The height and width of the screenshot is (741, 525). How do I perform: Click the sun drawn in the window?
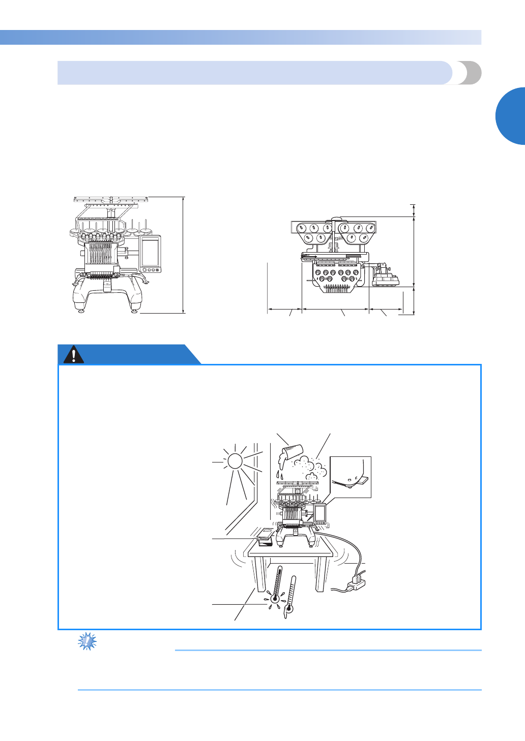[235, 461]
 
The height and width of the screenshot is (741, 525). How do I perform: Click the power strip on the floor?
[357, 582]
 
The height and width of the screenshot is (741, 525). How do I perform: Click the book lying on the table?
[265, 536]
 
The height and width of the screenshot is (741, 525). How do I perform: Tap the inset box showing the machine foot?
[351, 477]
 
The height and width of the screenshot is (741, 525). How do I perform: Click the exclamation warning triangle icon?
[74, 354]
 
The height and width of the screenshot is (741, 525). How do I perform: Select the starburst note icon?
[87, 641]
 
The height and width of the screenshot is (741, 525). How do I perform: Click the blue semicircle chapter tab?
[511, 116]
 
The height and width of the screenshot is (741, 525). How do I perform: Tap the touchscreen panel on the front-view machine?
[150, 253]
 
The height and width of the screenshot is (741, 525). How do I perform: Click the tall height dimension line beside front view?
[183, 254]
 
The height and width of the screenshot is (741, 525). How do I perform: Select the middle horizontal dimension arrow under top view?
[336, 308]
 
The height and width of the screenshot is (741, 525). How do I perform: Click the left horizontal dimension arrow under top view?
[285, 308]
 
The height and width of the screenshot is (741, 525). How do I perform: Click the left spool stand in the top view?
[311, 232]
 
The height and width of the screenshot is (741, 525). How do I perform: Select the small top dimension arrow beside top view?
[414, 210]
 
